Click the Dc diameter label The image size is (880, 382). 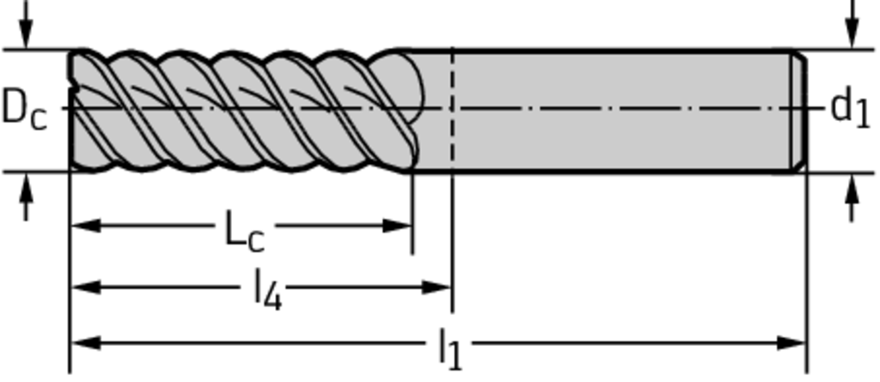coord(24,109)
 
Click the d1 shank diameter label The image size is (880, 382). coord(850,109)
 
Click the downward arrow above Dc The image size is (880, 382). coord(26,34)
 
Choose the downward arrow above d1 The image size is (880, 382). coord(852,34)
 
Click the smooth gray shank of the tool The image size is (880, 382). coord(619,110)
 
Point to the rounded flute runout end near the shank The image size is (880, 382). coord(412,90)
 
